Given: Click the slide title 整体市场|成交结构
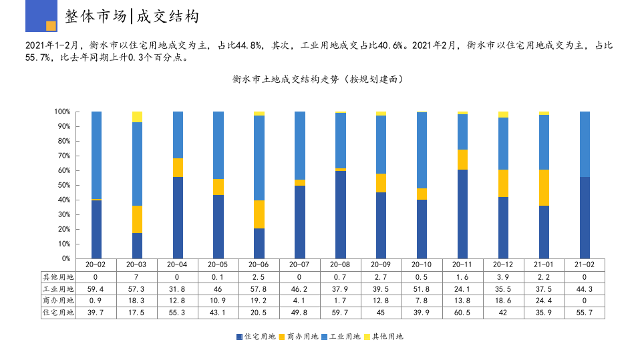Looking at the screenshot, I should click(x=132, y=17).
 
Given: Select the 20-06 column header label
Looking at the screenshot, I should click(x=259, y=264).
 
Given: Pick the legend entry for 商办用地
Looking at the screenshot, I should click(x=298, y=337).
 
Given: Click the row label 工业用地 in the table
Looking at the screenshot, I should click(x=58, y=289).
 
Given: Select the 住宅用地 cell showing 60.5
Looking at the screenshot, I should click(x=462, y=313).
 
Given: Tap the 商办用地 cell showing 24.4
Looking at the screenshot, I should click(x=544, y=301).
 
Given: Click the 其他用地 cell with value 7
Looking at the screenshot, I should click(x=137, y=277).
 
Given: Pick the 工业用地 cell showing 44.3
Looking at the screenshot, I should click(x=585, y=289).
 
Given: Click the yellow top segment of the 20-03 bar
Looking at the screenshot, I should click(x=137, y=117).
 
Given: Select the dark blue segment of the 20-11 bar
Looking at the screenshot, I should click(x=462, y=214).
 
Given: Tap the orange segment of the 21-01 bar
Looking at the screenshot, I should click(x=544, y=188).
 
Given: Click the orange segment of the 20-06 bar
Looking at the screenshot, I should click(x=259, y=214).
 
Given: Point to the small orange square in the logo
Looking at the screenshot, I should click(x=51, y=26).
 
